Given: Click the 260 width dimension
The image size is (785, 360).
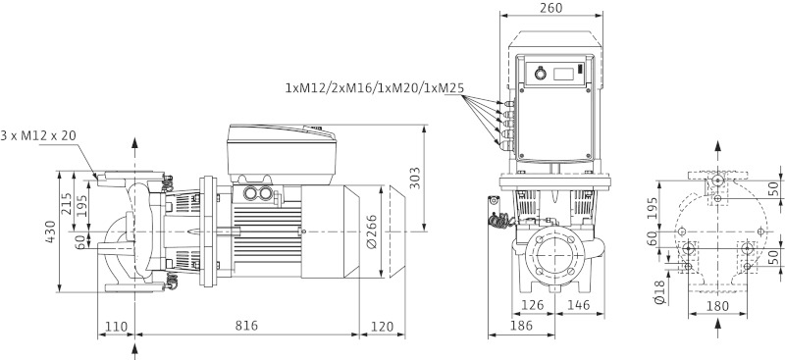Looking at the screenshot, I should (x=550, y=9).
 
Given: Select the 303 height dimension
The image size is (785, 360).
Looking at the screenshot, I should (x=416, y=179).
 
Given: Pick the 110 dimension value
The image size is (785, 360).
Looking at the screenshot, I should (x=116, y=325).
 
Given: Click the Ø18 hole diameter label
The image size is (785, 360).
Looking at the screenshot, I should (x=656, y=291).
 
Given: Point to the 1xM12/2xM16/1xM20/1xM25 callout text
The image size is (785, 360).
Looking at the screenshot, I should (x=374, y=88).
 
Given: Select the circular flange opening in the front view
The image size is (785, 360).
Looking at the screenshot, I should (x=553, y=257).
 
